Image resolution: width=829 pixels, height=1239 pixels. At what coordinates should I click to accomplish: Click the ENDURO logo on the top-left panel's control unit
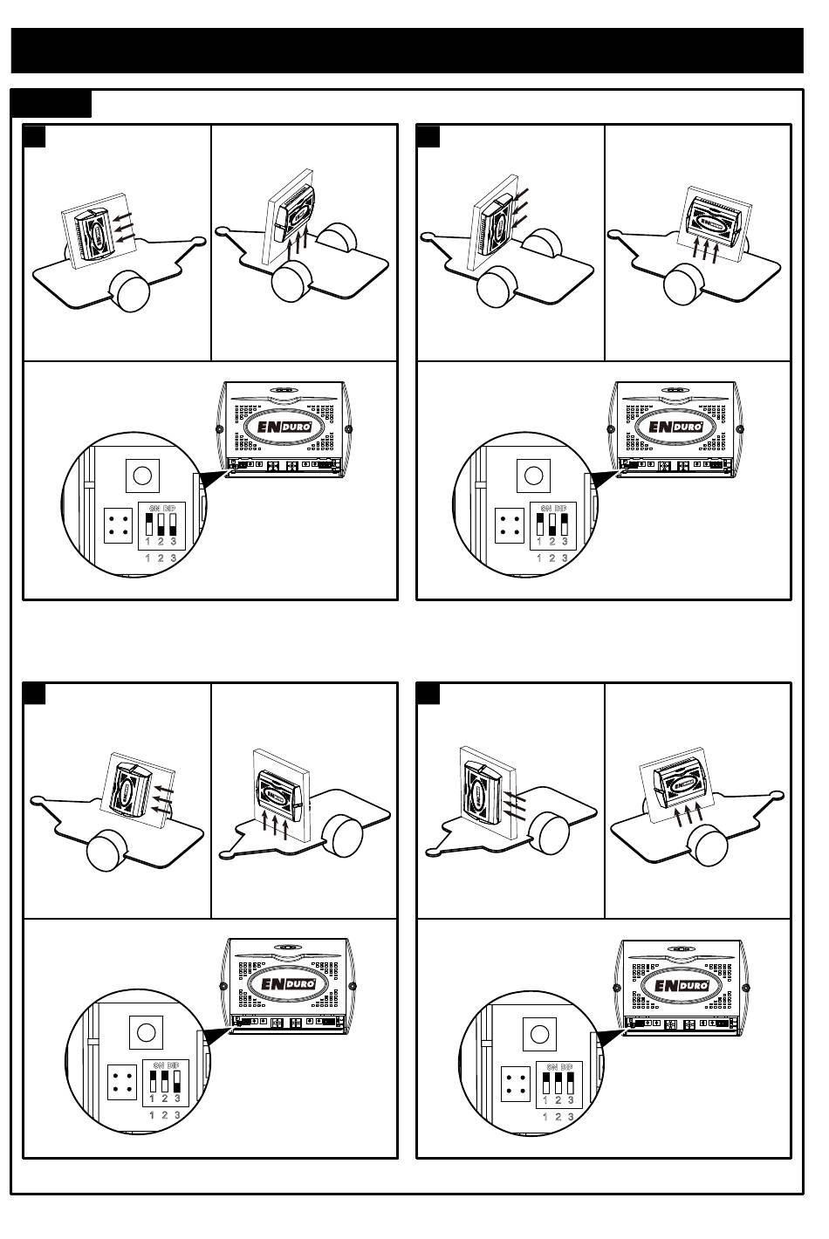click(283, 428)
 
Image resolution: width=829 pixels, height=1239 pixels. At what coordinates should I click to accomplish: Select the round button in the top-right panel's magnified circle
click(532, 476)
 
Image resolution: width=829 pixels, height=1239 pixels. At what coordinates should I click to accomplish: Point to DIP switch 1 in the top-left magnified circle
click(148, 524)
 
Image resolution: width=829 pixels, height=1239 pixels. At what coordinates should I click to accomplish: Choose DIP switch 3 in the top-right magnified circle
click(565, 524)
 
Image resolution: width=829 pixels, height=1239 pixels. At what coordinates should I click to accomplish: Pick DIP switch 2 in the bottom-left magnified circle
click(164, 1083)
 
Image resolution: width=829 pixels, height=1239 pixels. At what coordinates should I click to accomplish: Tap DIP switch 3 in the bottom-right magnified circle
click(570, 1083)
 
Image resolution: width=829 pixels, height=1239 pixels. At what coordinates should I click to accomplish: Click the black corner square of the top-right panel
click(428, 137)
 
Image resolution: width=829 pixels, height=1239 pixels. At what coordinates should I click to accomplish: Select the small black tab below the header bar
click(51, 103)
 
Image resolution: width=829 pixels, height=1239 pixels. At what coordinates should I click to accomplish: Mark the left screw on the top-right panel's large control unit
click(608, 428)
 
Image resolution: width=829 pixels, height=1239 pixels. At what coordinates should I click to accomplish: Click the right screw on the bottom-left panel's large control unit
click(353, 986)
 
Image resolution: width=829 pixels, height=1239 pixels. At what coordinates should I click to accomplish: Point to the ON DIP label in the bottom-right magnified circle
click(558, 1067)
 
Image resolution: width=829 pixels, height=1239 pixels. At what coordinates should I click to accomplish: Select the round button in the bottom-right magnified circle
click(539, 1035)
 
